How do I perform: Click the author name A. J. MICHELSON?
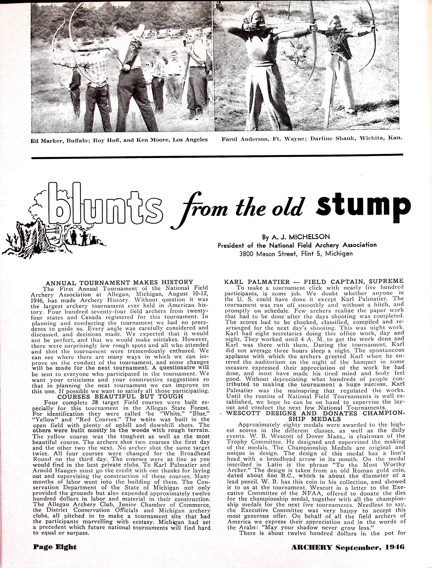[x=296, y=236]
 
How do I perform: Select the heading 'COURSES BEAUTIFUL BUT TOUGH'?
[x=120, y=397]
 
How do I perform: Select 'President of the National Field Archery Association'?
[x=297, y=245]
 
